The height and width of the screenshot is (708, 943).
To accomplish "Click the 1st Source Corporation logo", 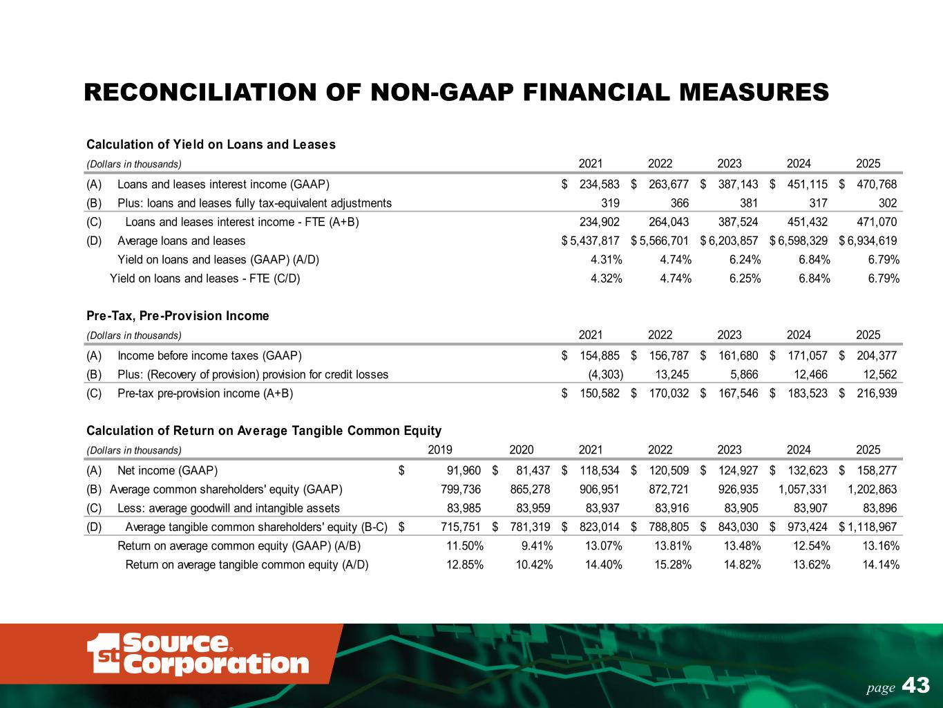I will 198,653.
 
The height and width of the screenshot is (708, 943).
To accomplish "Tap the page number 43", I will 916,686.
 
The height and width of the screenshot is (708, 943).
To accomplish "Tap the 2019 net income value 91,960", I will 464,472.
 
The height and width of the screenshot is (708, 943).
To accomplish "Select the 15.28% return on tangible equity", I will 674,565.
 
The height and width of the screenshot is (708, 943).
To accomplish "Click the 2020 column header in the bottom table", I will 521,449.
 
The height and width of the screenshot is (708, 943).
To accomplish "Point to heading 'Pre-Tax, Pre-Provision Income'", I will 178,316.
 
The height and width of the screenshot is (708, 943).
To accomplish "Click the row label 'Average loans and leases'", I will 181,241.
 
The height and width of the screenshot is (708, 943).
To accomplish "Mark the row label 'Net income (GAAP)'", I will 168,472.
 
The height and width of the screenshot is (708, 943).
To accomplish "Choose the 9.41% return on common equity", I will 537,546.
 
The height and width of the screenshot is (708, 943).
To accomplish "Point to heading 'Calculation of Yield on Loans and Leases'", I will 211,145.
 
